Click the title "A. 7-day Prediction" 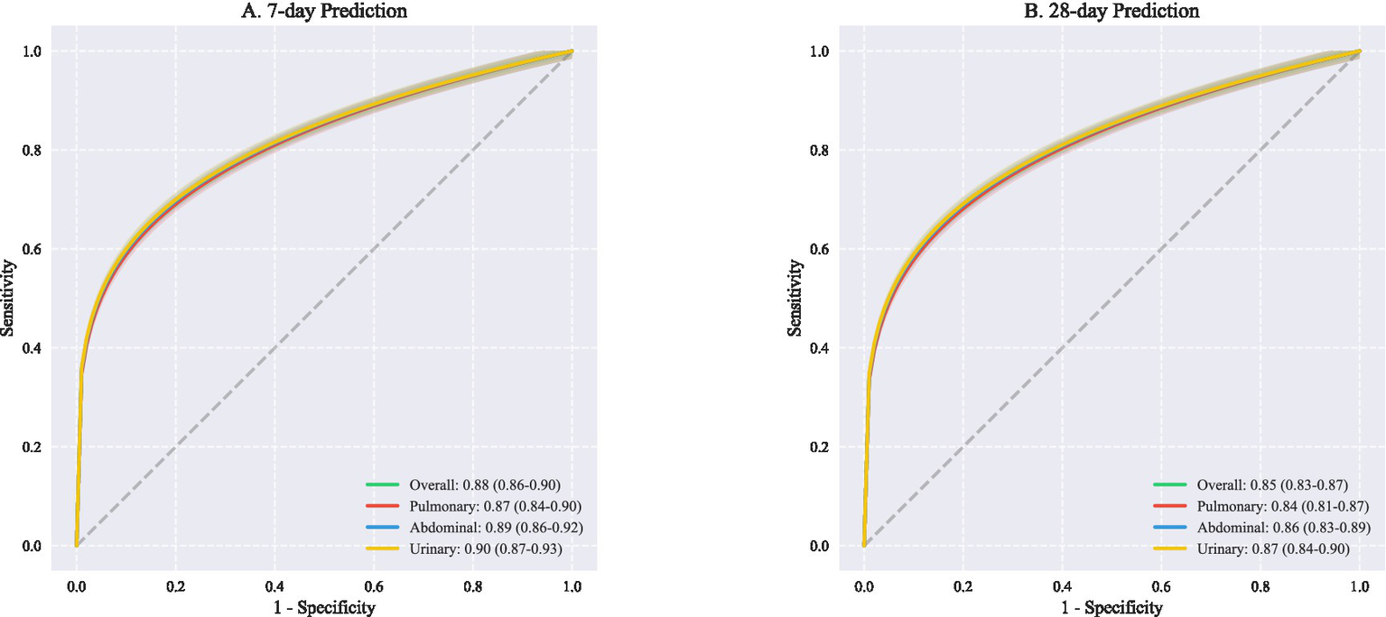pos(324,12)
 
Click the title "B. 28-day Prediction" pos(1112,12)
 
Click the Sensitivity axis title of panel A pos(8,298)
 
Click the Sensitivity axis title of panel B pos(795,298)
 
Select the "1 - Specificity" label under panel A pos(324,607)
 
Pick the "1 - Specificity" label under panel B pos(1112,607)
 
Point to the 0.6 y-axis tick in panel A pos(33,249)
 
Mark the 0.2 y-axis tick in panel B pos(820,447)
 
